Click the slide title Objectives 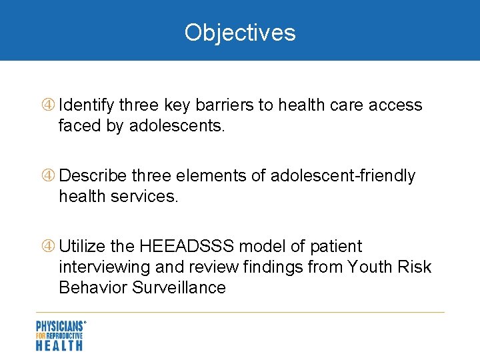tap(240, 32)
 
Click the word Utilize tap(82, 247)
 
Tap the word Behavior tap(91, 288)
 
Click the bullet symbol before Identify tap(48, 105)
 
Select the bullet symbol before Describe tap(48, 176)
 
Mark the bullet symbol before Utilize tap(48, 247)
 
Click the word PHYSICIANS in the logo tap(59, 327)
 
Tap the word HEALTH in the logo tap(59, 345)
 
